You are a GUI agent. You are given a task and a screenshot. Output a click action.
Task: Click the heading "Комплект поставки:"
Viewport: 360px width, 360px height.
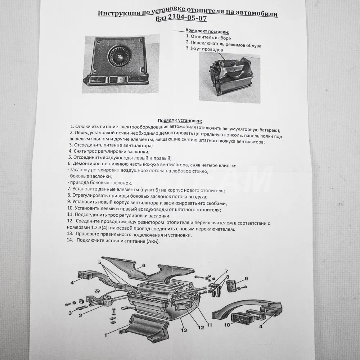pyautogui.click(x=207, y=31)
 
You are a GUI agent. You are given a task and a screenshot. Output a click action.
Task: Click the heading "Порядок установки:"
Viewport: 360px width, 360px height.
pyautogui.click(x=180, y=121)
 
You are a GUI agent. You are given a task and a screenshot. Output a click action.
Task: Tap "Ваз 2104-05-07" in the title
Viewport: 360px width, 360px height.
pyautogui.click(x=181, y=18)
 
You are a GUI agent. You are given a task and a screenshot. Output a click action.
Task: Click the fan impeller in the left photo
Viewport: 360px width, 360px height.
pyautogui.click(x=118, y=55)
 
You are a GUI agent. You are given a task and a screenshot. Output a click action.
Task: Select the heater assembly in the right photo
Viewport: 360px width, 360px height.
pyautogui.click(x=230, y=75)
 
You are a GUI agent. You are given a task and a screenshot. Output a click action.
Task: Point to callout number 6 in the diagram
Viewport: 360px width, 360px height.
pyautogui.click(x=144, y=265)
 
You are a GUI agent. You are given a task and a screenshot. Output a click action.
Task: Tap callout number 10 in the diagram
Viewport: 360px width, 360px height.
pyautogui.click(x=227, y=325)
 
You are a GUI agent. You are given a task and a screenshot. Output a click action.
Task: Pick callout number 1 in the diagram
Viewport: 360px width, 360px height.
pyautogui.click(x=105, y=335)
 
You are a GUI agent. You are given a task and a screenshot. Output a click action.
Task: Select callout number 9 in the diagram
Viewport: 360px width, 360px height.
pyautogui.click(x=246, y=279)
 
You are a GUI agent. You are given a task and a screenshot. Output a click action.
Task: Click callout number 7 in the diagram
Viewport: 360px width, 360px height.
pyautogui.click(x=226, y=271)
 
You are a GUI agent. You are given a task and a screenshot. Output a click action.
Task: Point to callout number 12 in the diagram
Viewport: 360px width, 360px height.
pyautogui.click(x=201, y=327)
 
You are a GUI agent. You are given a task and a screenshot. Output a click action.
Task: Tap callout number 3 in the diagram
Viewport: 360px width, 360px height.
pyautogui.click(x=70, y=313)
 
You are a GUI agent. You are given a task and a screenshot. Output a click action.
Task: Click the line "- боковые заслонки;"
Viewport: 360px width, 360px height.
pyautogui.click(x=90, y=176)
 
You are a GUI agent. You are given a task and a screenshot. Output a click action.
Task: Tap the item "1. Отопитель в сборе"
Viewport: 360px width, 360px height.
pyautogui.click(x=208, y=37)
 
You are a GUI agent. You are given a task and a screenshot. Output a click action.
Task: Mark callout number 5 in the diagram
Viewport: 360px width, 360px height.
pyautogui.click(x=100, y=262)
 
